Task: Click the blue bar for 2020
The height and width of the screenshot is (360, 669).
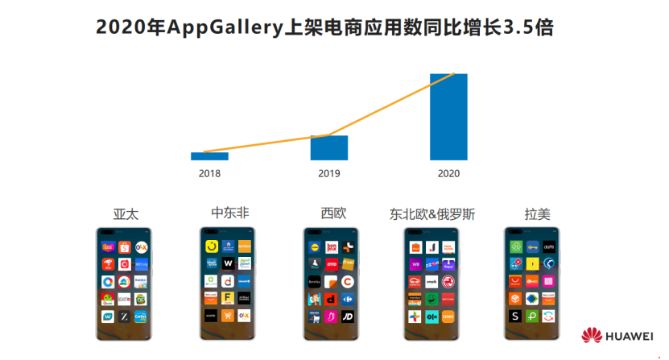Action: [448, 117]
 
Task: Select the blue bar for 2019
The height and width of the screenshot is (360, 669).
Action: [328, 147]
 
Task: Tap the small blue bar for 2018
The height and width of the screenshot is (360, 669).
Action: [209, 155]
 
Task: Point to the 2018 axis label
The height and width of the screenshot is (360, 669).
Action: [209, 173]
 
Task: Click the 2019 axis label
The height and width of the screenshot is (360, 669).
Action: [328, 173]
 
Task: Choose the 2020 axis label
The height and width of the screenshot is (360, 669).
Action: [448, 173]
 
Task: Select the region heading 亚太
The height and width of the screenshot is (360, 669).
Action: [126, 214]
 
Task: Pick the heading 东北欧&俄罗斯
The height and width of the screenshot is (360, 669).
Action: [432, 214]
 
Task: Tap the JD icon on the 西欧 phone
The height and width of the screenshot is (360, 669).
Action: [349, 317]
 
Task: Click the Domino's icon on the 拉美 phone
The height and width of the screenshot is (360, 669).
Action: [514, 263]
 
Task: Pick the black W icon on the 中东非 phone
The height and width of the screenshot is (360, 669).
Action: [228, 263]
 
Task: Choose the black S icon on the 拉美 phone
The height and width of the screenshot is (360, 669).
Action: [514, 317]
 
